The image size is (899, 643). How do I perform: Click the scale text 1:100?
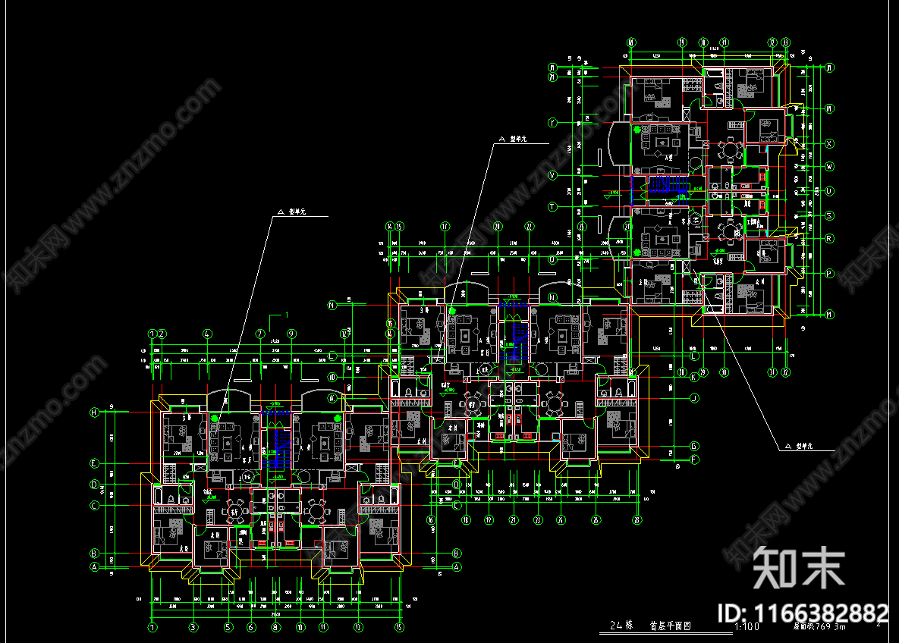pos(747,627)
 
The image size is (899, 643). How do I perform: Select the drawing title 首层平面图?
pos(671,627)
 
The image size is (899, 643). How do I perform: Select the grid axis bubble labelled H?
pos(95,412)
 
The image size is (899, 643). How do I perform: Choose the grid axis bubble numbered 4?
pos(207,334)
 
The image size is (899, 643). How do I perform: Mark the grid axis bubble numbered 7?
pos(259,334)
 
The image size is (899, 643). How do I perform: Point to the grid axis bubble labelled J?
pos(693,397)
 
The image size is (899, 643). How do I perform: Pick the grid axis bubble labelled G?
pos(693,446)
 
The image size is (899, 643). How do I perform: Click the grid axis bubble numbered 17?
pos(445,226)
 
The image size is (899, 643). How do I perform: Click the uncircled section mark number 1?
pos(287,314)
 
